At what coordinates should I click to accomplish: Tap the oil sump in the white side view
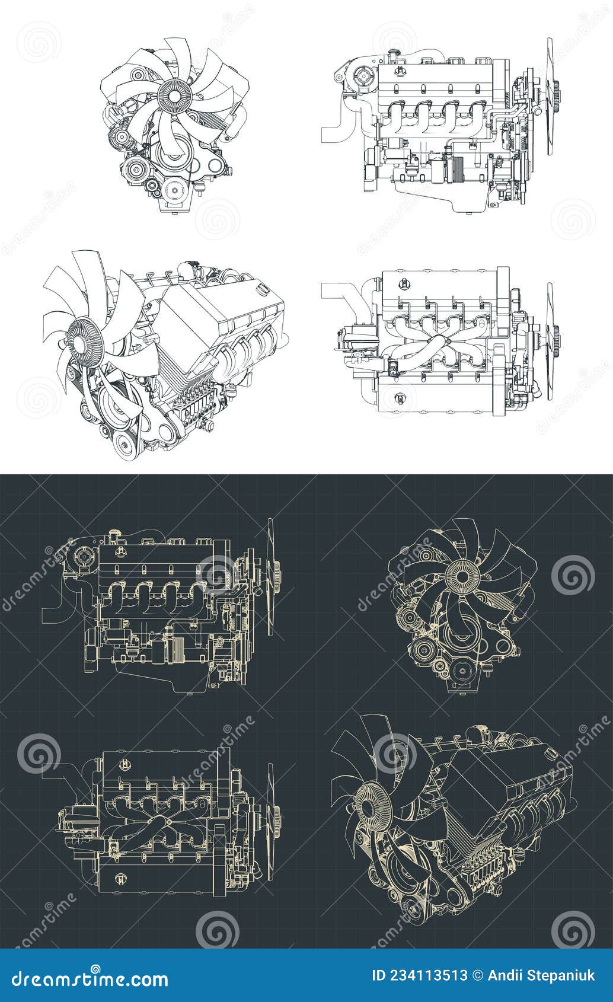tap(468, 201)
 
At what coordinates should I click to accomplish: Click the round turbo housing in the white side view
tap(362, 76)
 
